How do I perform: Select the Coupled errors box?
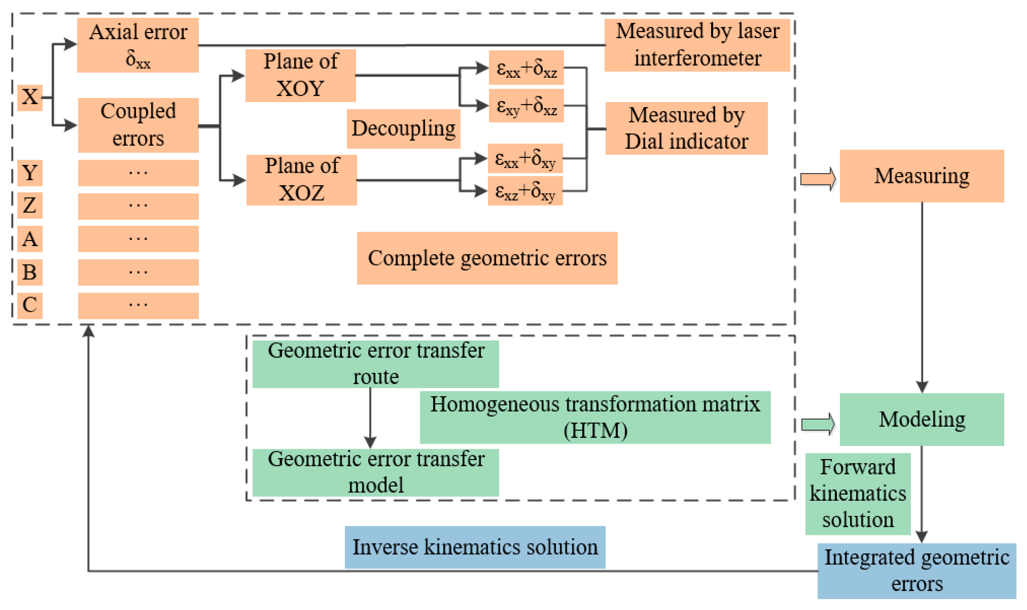pos(138,125)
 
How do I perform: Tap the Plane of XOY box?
pos(300,75)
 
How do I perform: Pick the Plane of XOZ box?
pos(301,180)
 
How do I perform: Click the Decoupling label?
pos(403,129)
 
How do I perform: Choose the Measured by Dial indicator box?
pos(686,128)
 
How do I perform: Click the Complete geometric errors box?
pos(487,258)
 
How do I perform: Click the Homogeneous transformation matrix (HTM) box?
pos(595,417)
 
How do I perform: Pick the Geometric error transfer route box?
pos(375,364)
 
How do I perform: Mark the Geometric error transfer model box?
pos(375,472)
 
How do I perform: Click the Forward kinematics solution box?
pos(857,494)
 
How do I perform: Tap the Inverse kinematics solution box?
pos(474,547)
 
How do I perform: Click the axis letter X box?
pos(30,97)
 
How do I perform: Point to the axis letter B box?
pos(30,272)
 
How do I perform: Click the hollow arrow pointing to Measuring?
pos(818,179)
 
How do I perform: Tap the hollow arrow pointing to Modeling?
pos(818,424)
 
